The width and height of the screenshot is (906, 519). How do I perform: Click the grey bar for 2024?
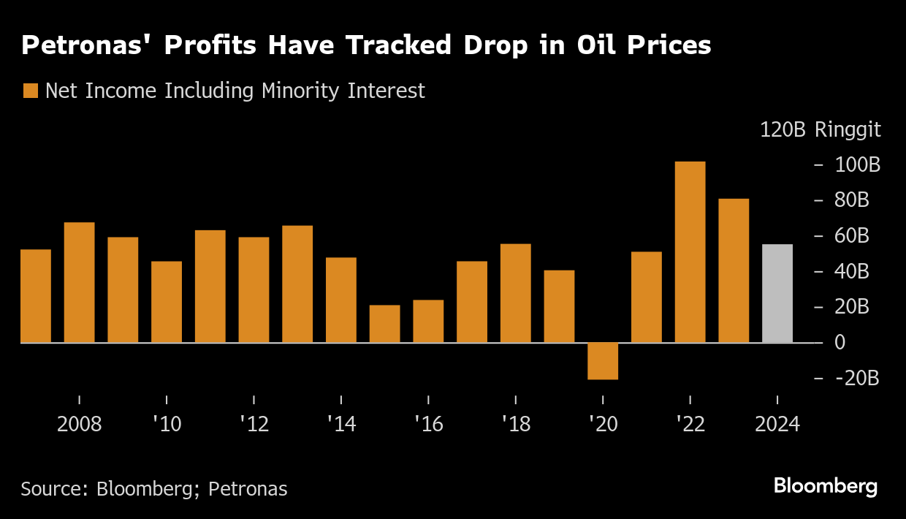pos(777,293)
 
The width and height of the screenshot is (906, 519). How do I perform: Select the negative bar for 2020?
pos(603,361)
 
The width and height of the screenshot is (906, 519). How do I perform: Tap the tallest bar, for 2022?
pos(690,252)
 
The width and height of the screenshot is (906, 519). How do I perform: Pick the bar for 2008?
pos(79,282)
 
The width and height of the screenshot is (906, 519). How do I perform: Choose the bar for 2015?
pos(384,324)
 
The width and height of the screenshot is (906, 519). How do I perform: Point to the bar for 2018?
pos(515,293)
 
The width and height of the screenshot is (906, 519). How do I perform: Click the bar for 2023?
pos(734,270)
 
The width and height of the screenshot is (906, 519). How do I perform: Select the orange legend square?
pos(31,91)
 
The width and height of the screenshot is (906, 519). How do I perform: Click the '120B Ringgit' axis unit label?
pos(821,130)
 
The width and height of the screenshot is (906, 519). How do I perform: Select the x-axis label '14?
pos(341,425)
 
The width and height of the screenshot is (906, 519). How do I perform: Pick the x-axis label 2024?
pos(777,425)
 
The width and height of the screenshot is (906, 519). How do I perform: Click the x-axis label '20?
pos(603,425)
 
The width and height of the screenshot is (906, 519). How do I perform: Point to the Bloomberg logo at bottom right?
pos(826,486)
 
